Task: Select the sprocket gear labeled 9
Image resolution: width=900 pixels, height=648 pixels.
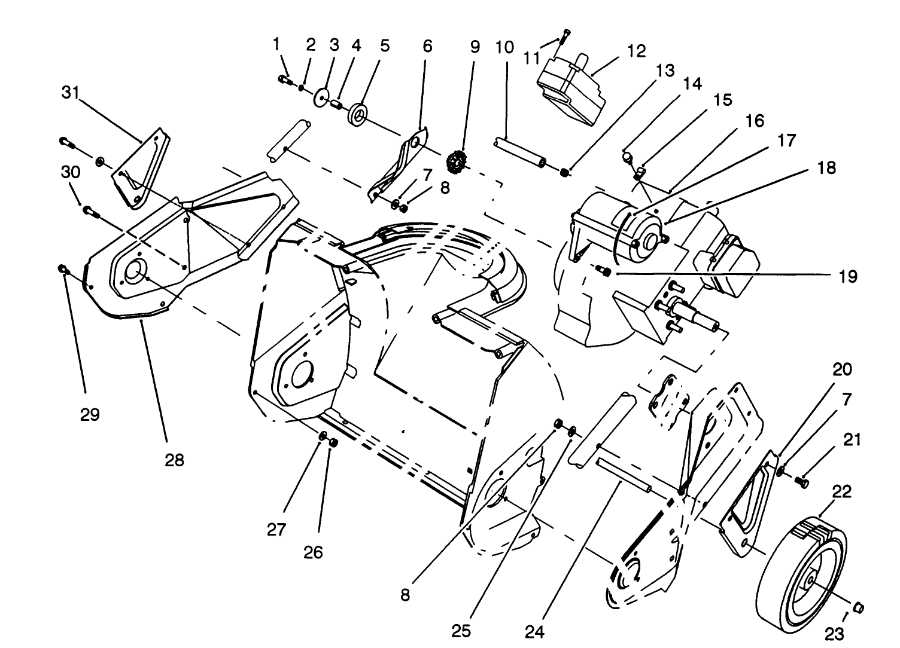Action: pos(457,161)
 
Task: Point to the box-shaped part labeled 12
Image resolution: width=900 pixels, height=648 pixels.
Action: pos(571,90)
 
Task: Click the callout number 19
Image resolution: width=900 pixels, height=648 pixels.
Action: pos(848,277)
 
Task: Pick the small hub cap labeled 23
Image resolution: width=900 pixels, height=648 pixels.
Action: pos(859,607)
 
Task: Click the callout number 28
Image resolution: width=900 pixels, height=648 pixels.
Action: pos(175,460)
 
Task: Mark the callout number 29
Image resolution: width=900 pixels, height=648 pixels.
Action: pos(90,414)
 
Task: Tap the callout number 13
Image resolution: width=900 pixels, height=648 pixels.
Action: pos(665,71)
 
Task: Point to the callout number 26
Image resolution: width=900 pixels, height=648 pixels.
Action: pos(312,552)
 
